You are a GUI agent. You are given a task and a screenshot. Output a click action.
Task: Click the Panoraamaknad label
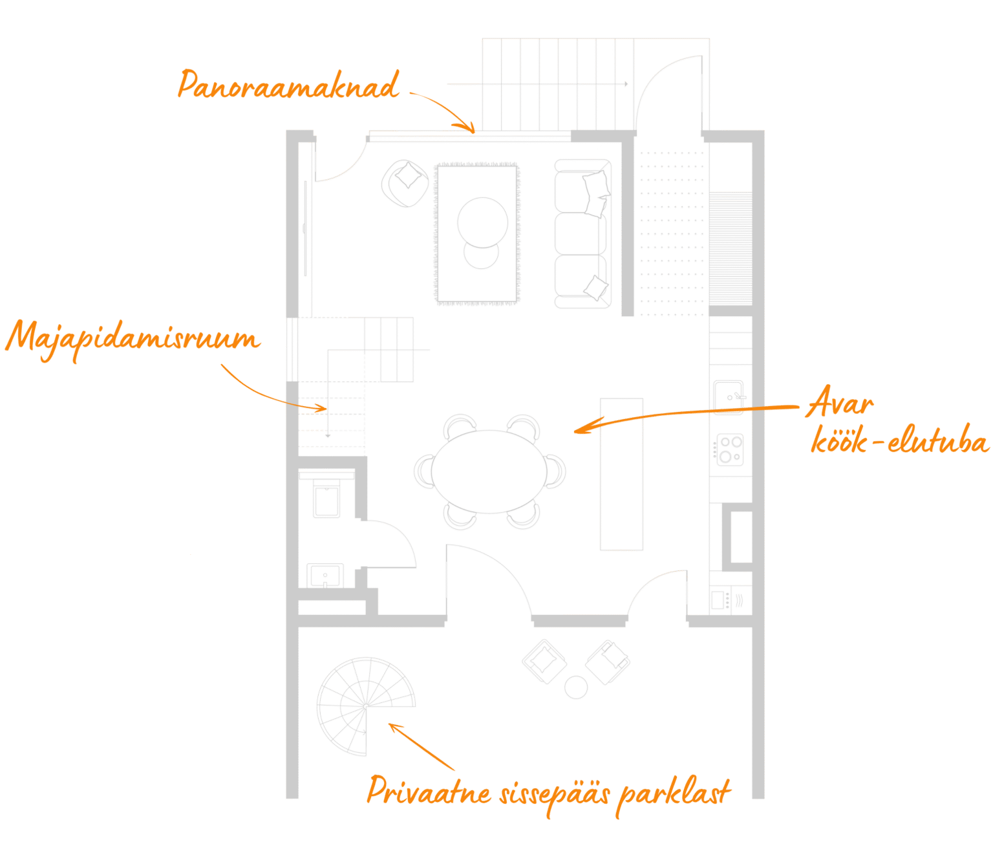[x=288, y=85]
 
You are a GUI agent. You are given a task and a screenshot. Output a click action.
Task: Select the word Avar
[x=840, y=404]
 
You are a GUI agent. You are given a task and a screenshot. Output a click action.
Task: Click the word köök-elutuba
[x=899, y=441]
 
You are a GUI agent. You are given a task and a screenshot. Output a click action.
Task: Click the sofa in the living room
[x=582, y=234]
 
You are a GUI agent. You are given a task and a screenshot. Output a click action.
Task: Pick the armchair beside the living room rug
[x=405, y=184]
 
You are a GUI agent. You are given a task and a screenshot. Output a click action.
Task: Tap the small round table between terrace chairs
[x=576, y=687]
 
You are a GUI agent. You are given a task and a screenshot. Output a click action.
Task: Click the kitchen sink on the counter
[x=729, y=394]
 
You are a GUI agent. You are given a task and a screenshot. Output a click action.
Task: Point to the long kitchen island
[x=622, y=475]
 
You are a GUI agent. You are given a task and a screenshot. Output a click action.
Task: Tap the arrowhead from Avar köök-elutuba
[x=581, y=430]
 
